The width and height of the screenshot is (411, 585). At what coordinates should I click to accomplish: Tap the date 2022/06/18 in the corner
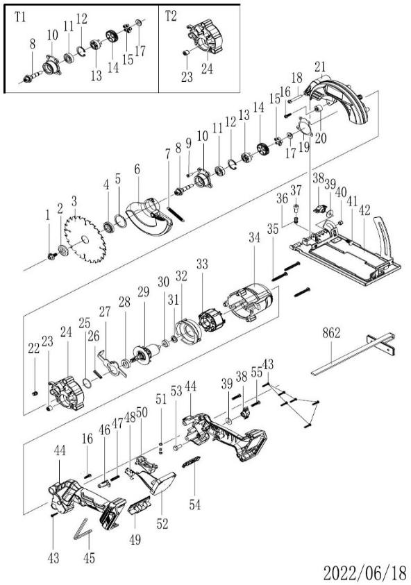364,573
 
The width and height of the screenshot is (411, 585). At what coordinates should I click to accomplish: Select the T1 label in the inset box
20,17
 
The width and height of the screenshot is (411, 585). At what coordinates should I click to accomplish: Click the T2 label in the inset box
171,17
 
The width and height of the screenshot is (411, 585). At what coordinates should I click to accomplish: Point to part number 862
331,333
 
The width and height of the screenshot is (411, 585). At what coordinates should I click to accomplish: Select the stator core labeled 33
211,321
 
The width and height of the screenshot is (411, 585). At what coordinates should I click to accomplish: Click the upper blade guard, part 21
336,98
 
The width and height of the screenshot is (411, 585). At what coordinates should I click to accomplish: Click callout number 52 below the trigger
162,523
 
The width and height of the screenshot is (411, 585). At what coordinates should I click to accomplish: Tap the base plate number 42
364,210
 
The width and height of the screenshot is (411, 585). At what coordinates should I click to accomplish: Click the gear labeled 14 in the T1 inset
112,37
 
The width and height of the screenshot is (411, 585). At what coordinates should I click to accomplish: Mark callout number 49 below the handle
135,539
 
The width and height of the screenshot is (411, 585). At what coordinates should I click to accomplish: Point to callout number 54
194,505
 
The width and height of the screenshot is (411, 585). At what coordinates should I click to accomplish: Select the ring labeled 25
87,383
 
